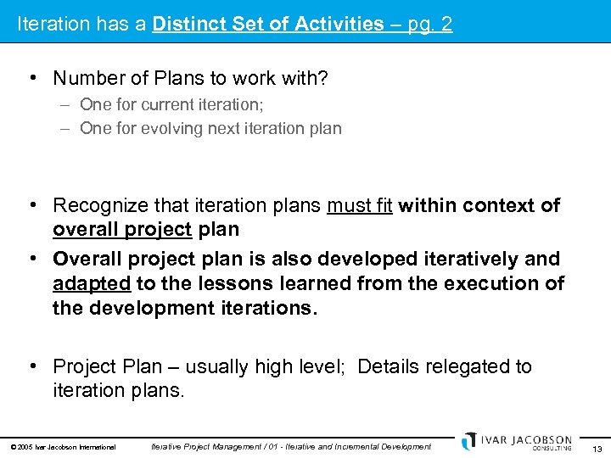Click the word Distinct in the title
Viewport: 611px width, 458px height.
tap(187, 24)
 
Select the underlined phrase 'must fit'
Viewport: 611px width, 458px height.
tap(359, 205)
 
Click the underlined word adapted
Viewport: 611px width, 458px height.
tap(92, 282)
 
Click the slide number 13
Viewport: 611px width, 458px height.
tap(597, 448)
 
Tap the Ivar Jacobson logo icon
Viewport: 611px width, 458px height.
tap(469, 441)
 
